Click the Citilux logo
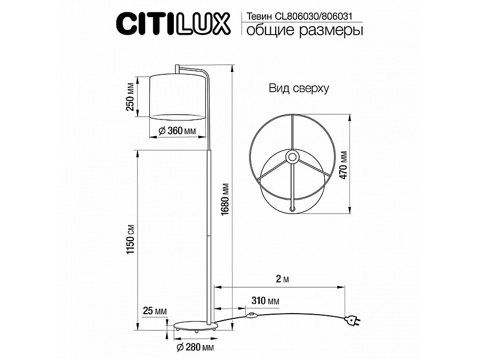173,23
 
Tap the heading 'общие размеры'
305,30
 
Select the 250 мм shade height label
131,97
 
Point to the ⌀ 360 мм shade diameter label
177,131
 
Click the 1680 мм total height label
225,199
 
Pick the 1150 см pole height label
131,239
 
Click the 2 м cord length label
282,279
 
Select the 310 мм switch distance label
266,301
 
